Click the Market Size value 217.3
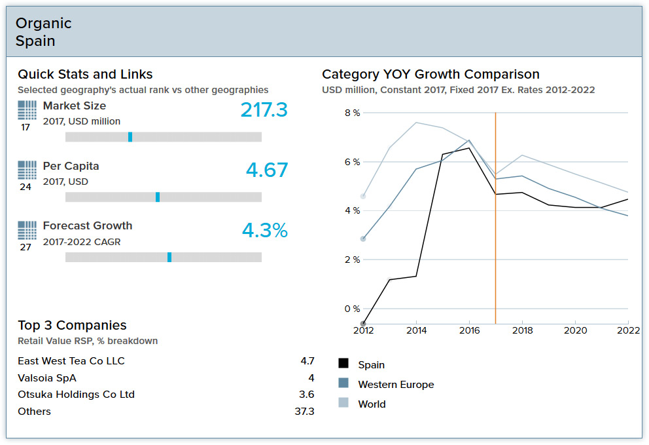[264, 110]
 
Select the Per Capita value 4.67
[267, 170]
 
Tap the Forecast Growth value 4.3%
[264, 231]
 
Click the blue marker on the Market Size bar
[130, 137]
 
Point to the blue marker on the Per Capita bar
[158, 197]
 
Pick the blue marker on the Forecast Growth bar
[169, 257]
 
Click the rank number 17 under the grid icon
[26, 127]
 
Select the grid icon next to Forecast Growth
[27, 230]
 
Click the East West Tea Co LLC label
[71, 361]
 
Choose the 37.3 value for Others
[304, 412]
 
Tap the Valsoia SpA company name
[47, 378]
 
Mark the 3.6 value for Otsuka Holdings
[306, 395]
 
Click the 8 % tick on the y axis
[352, 113]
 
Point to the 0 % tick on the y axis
[352, 309]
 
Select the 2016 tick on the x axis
[469, 331]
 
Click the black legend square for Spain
[343, 364]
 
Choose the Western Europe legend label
[396, 385]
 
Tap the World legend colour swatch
[343, 403]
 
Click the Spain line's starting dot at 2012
[363, 324]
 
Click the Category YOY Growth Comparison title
[430, 75]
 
